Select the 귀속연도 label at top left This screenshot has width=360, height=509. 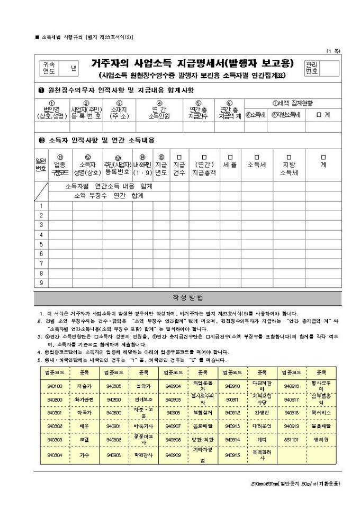pos(49,68)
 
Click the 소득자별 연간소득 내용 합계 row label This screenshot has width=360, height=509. pos(109,186)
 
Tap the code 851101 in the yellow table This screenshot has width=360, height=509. pos(292,439)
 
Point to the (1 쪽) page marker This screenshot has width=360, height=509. pos(334,50)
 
